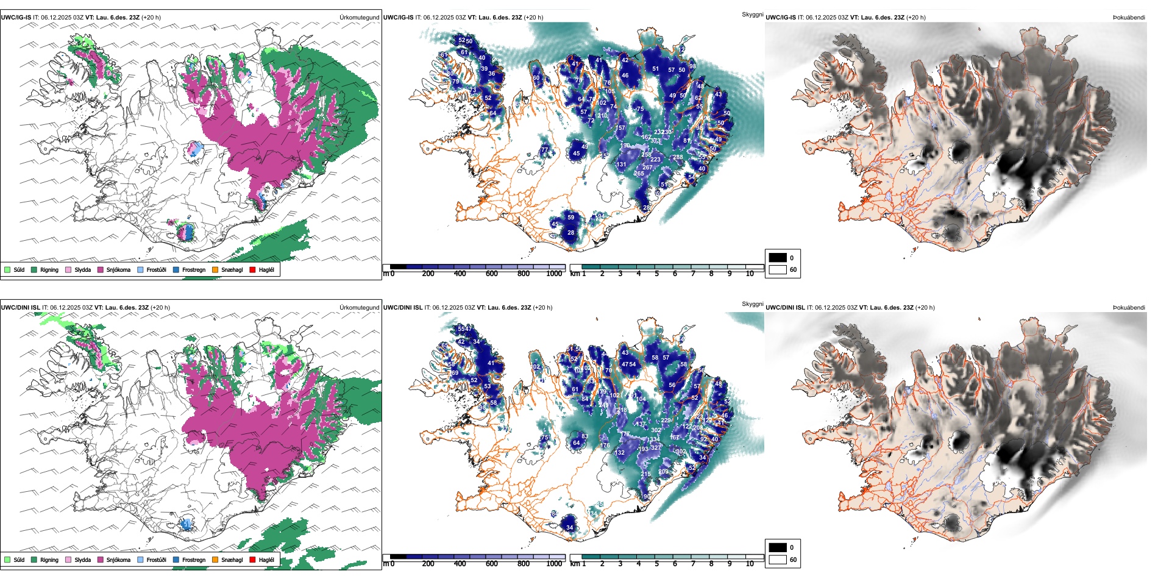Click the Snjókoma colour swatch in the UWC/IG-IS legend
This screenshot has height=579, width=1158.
point(101,269)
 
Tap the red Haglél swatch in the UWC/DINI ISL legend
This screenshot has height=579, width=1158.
point(252,559)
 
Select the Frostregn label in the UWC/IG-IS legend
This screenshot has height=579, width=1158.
point(193,269)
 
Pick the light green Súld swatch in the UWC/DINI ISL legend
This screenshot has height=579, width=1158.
point(7,559)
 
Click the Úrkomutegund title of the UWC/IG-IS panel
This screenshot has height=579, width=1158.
point(359,17)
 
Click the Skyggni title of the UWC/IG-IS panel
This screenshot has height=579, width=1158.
point(752,14)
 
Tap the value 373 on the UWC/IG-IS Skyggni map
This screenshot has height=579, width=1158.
point(655,141)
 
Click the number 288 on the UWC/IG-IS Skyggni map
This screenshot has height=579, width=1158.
point(678,157)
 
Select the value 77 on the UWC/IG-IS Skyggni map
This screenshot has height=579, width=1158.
point(544,149)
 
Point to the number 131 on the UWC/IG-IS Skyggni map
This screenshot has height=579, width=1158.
point(621,165)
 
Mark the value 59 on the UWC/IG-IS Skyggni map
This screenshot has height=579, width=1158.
point(570,217)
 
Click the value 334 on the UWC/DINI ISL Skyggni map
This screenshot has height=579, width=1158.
point(655,439)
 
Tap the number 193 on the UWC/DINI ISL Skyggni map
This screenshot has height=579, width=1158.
point(644,449)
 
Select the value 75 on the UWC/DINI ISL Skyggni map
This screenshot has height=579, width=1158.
point(544,438)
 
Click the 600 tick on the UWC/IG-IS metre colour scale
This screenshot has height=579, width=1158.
point(492,274)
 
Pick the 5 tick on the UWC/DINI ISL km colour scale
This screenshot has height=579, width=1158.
point(656,564)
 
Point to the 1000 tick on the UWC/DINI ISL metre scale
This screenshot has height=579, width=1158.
point(554,564)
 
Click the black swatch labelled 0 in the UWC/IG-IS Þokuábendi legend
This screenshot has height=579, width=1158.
point(778,257)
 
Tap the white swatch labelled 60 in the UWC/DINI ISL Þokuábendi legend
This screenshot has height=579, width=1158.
point(778,559)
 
